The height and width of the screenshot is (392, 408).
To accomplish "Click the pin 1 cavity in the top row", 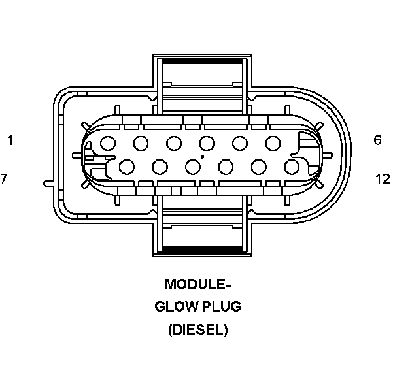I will (109, 142).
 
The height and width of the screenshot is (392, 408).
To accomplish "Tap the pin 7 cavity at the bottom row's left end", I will (127, 167).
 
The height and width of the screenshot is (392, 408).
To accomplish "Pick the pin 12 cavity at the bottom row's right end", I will (292, 167).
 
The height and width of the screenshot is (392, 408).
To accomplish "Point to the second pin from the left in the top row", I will (141, 142).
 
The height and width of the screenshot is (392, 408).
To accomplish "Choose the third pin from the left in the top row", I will (174, 142).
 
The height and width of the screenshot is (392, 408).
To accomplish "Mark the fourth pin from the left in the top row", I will (207, 142).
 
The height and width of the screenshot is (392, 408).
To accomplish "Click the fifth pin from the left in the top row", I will (240, 142).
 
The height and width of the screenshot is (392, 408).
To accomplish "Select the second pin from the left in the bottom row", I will (160, 167).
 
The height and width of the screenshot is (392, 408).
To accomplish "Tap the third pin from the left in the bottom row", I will (192, 167).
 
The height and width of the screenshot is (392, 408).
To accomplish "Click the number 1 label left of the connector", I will (10, 140).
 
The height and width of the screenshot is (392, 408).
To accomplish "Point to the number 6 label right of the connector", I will (378, 140).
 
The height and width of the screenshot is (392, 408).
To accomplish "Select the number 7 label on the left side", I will (4, 178).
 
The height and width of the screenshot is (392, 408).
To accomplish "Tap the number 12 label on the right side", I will (382, 178).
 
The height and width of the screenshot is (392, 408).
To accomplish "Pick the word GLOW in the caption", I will (174, 307).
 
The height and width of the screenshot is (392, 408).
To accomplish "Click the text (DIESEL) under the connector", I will (197, 330).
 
